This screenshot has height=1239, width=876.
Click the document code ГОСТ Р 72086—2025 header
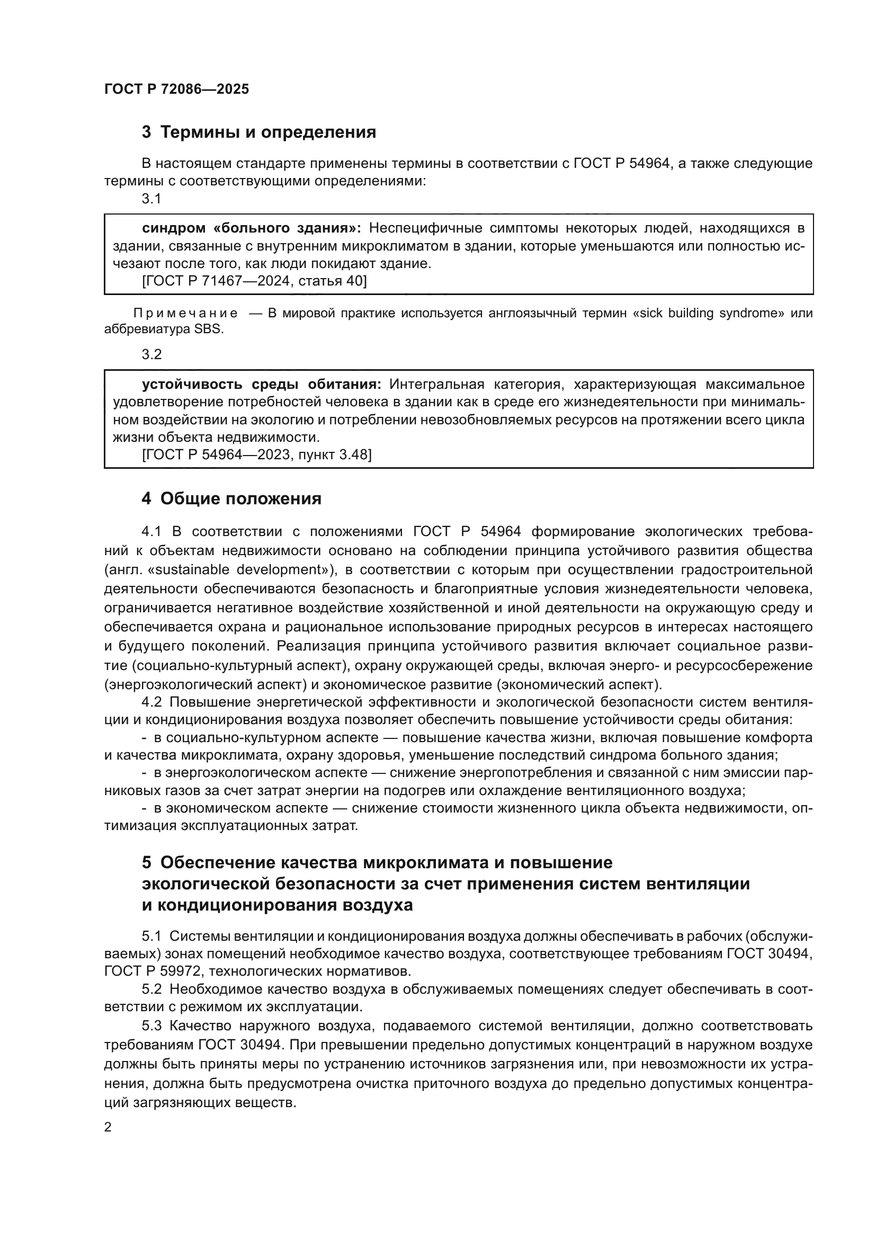pos(176,90)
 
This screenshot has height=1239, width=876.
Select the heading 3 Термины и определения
pos(258,132)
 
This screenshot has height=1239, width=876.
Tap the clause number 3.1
pos(151,199)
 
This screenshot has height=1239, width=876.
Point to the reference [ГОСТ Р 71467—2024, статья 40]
pos(254,281)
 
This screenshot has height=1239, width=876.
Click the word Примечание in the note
pos(185,314)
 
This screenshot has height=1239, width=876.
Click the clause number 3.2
pos(151,354)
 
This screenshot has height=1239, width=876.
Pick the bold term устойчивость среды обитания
pos(261,384)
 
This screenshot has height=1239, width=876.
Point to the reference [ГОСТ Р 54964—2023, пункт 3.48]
pos(257,455)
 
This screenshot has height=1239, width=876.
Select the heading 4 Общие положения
pos(231,498)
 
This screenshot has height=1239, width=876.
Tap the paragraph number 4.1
pos(151,531)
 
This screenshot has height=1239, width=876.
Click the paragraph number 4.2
pos(151,702)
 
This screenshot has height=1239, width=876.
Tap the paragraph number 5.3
pos(151,1026)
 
